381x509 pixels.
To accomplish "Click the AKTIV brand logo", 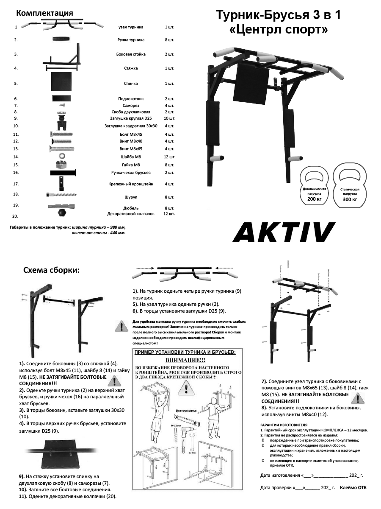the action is (x=284, y=232).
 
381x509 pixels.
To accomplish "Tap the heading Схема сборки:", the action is (x=51, y=270).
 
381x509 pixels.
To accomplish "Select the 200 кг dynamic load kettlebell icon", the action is (x=314, y=187).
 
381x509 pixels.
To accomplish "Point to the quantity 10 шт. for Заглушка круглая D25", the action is (x=169, y=118).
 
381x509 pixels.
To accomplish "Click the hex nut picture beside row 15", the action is (x=61, y=164).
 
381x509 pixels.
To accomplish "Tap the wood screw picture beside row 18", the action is (x=61, y=195).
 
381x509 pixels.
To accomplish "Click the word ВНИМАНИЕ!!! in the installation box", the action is (x=185, y=359).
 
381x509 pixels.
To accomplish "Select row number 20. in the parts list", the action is (x=15, y=216).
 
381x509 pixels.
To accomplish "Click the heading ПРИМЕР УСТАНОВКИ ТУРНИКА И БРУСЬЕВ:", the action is (x=185, y=352).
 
